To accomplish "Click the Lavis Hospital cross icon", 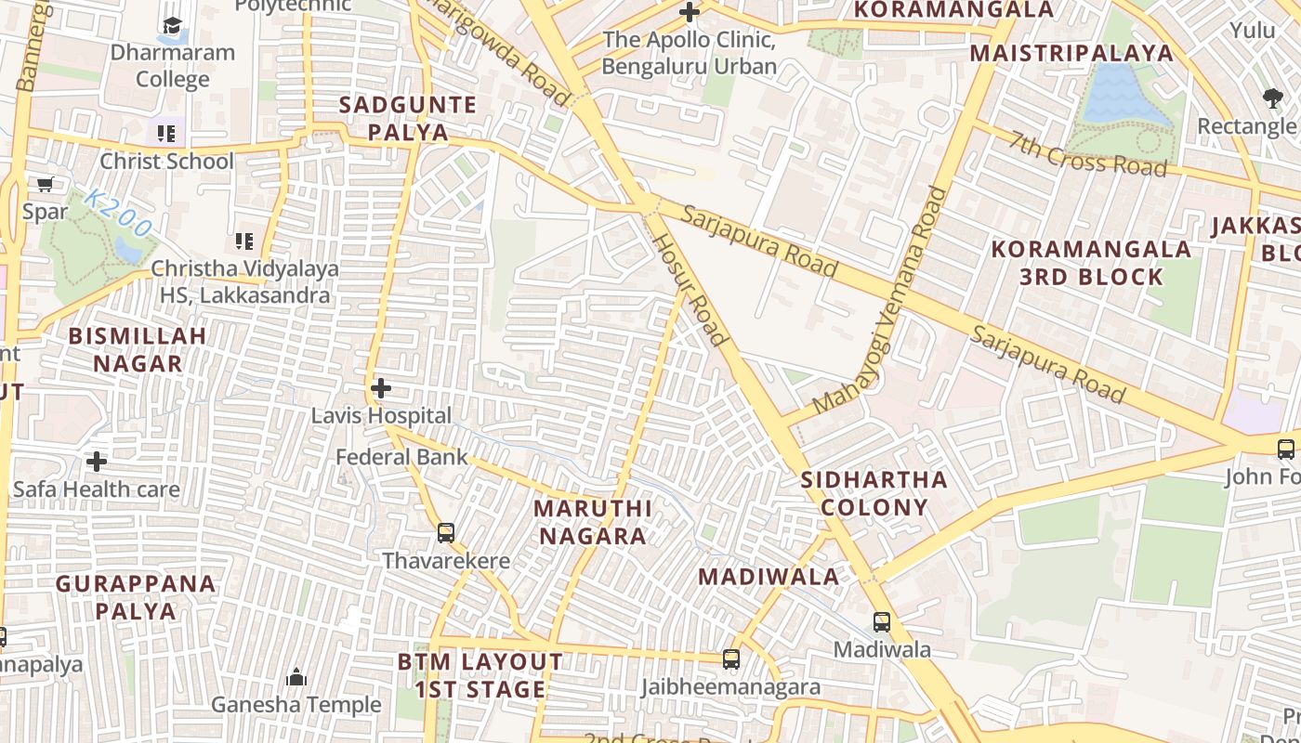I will point(381,387).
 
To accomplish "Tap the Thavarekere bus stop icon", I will point(446,532).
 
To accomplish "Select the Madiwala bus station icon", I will point(881,621).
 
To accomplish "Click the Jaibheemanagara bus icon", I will point(731,659).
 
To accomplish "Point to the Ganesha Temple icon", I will point(296,677).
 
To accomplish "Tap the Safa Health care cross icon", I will point(97,461).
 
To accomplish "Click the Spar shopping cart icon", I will point(45,185).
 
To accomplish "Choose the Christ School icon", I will point(166,134).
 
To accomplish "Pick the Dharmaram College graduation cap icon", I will point(172,25).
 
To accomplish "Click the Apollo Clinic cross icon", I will point(690,13).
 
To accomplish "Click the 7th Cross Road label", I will point(1088,154).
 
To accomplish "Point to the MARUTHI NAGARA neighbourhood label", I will point(593,522).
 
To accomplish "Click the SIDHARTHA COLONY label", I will point(874,493).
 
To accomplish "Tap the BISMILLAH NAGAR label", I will point(138,349).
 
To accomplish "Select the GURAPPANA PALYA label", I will point(136,597).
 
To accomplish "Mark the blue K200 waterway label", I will point(117,212).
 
